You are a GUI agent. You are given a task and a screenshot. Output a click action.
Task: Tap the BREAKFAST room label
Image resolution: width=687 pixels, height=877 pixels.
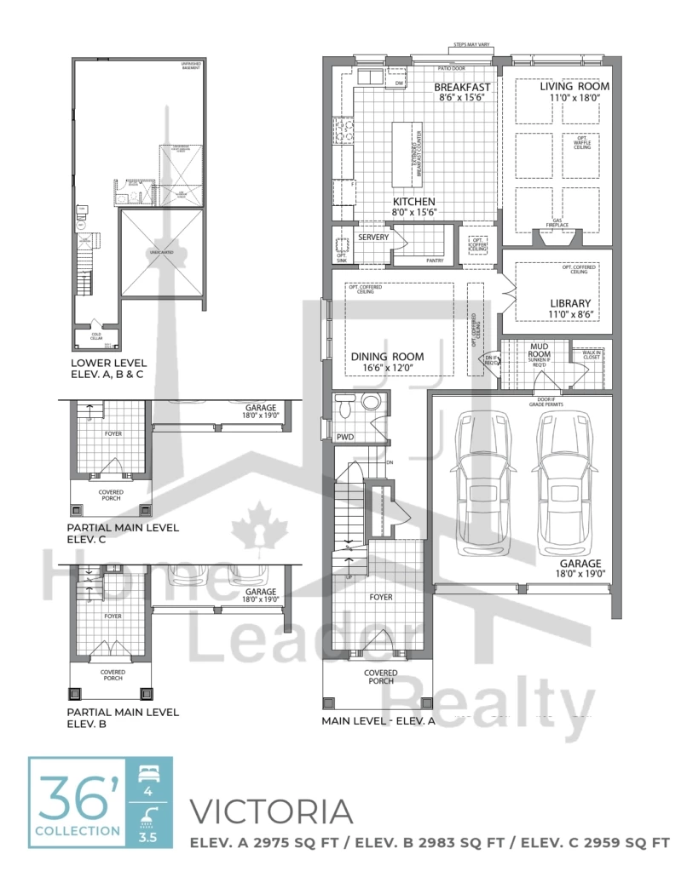tap(463, 87)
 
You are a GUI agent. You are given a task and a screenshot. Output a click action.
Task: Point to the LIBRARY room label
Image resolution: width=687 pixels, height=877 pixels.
tap(570, 303)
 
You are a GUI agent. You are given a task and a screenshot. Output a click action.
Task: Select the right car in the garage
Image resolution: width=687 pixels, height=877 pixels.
tap(563, 485)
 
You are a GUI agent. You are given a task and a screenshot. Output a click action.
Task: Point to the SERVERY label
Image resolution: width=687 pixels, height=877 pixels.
tap(373, 238)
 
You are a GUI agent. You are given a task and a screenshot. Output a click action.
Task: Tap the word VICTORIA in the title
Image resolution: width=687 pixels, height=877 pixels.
tap(270, 812)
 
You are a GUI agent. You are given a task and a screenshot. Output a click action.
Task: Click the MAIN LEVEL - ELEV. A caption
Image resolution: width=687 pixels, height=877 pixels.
tap(378, 720)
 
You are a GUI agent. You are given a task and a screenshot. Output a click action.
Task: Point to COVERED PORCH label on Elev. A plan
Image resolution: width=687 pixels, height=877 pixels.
tap(380, 677)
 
